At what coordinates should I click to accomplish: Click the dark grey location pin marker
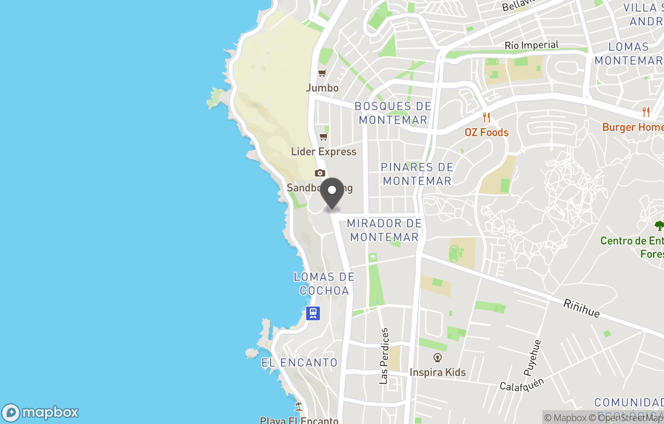(x=333, y=194)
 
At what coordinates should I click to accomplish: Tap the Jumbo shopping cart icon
(x=322, y=74)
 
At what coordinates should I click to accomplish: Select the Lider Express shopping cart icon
(x=323, y=137)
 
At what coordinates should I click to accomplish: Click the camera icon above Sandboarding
(x=320, y=173)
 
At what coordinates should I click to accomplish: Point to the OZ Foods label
(x=486, y=132)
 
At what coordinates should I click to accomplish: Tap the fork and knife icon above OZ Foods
(x=486, y=117)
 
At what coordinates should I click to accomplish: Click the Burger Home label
(x=633, y=127)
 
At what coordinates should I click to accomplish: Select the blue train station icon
(x=313, y=313)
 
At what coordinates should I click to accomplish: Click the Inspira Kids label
(x=438, y=372)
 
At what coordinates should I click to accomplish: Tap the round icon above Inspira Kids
(x=438, y=357)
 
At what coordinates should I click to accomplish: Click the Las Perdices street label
(x=384, y=356)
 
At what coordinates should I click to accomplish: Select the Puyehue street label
(x=532, y=357)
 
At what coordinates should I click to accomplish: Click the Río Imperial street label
(x=531, y=45)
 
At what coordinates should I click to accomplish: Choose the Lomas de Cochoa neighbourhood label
(x=324, y=284)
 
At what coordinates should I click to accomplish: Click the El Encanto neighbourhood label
(x=299, y=363)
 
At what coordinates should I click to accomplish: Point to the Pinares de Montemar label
(x=417, y=174)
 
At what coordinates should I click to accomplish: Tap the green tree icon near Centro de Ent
(x=659, y=226)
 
